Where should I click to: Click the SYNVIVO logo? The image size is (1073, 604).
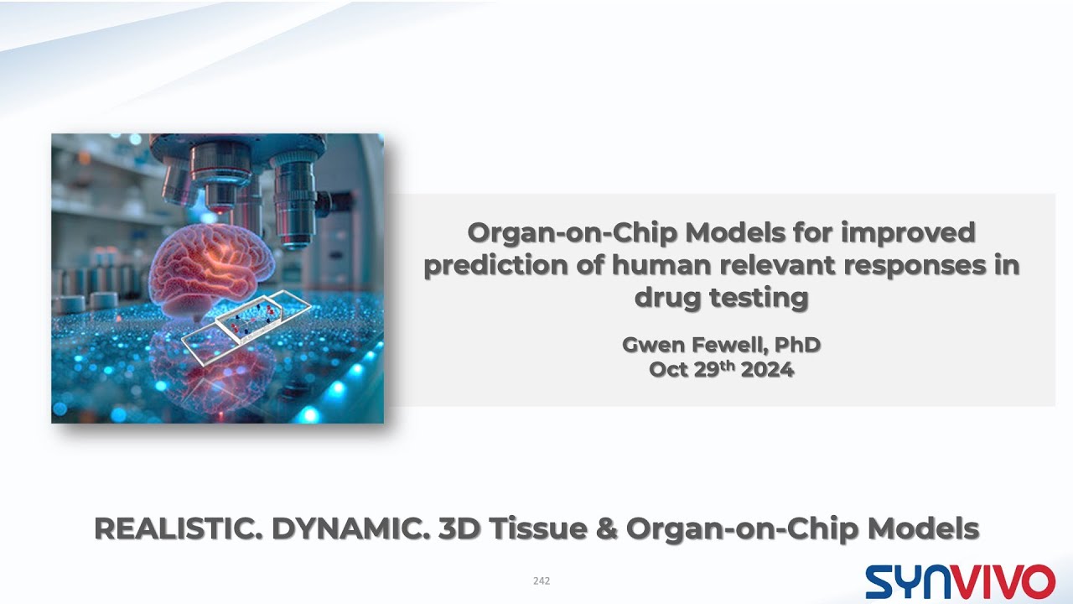pyautogui.click(x=960, y=581)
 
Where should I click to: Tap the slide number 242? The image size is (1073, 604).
pyautogui.click(x=542, y=581)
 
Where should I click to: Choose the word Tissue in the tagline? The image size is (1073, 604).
pyautogui.click(x=542, y=528)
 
